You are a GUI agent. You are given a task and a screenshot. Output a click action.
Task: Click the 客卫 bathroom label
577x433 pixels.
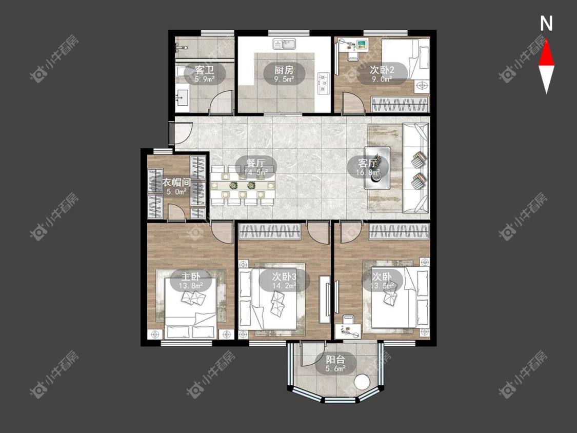tap(205, 69)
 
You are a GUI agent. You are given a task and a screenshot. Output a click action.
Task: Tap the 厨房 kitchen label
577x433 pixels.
tap(284, 69)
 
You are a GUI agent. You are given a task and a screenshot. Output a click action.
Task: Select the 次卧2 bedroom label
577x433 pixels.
tap(382, 69)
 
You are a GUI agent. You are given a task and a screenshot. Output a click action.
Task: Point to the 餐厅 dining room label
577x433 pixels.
tap(255, 162)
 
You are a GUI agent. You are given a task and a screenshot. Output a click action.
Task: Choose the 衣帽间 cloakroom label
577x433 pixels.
tap(176, 182)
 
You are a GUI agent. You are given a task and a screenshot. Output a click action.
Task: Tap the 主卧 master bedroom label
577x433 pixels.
tap(191, 276)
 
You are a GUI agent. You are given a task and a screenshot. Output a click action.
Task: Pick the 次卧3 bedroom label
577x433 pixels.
tap(284, 276)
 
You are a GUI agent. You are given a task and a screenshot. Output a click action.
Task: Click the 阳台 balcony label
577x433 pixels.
tap(335, 359)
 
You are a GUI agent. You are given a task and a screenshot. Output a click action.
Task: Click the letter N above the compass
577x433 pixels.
tap(546, 24)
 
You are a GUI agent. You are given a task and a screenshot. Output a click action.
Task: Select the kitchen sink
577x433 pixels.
tap(285, 45)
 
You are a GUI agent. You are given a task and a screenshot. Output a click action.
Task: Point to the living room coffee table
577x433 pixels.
tap(377, 168)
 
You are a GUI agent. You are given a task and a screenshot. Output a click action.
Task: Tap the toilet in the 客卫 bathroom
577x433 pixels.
tap(181, 71)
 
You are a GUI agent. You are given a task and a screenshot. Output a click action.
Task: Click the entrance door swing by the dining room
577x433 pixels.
tap(183, 131)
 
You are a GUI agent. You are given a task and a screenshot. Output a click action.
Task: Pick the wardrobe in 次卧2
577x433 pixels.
tap(400, 104)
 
